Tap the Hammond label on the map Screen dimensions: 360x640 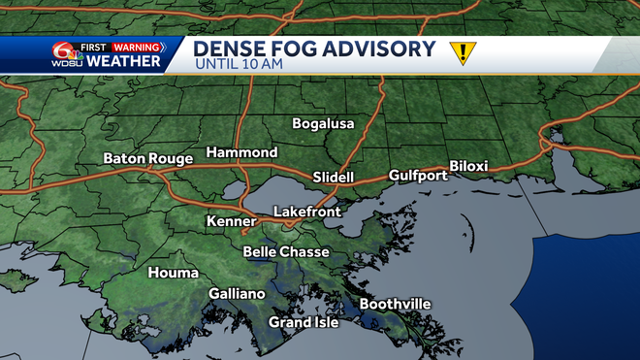241,152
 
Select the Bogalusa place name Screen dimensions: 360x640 324,124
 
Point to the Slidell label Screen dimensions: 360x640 336,177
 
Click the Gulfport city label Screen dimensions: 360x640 418,175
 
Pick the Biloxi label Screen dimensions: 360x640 468,166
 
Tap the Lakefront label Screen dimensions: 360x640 305,211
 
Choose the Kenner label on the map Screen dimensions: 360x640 231,222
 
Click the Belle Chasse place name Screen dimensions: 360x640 286,251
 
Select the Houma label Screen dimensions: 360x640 173,273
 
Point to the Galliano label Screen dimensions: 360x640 237,293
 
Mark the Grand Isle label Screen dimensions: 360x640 304,322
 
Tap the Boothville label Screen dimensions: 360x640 395,304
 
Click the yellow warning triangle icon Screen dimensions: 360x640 463,52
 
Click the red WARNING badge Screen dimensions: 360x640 136,46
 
